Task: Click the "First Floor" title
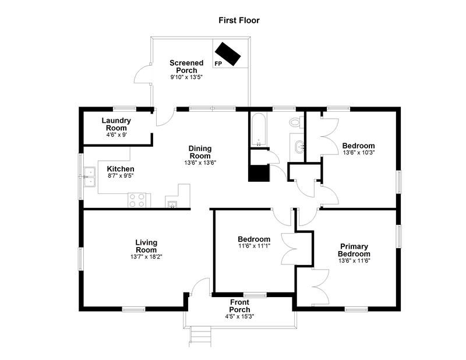point(239,20)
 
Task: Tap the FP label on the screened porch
point(218,63)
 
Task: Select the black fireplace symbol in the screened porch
point(228,54)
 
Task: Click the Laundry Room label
point(116,124)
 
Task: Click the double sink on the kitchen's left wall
point(90,177)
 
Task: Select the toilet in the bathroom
point(295,122)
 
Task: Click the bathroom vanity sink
point(298,146)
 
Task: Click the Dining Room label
point(200,152)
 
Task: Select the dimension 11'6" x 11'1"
point(254,246)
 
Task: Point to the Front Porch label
point(239,306)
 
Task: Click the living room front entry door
point(200,286)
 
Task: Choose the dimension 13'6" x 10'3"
point(358,153)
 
